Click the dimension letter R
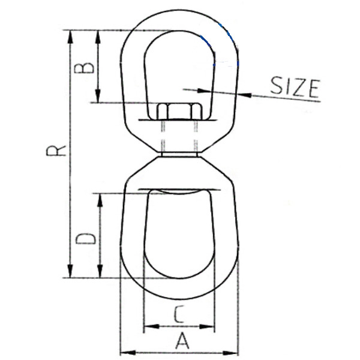56,150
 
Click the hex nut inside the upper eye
178,112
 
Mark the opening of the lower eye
179,240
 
